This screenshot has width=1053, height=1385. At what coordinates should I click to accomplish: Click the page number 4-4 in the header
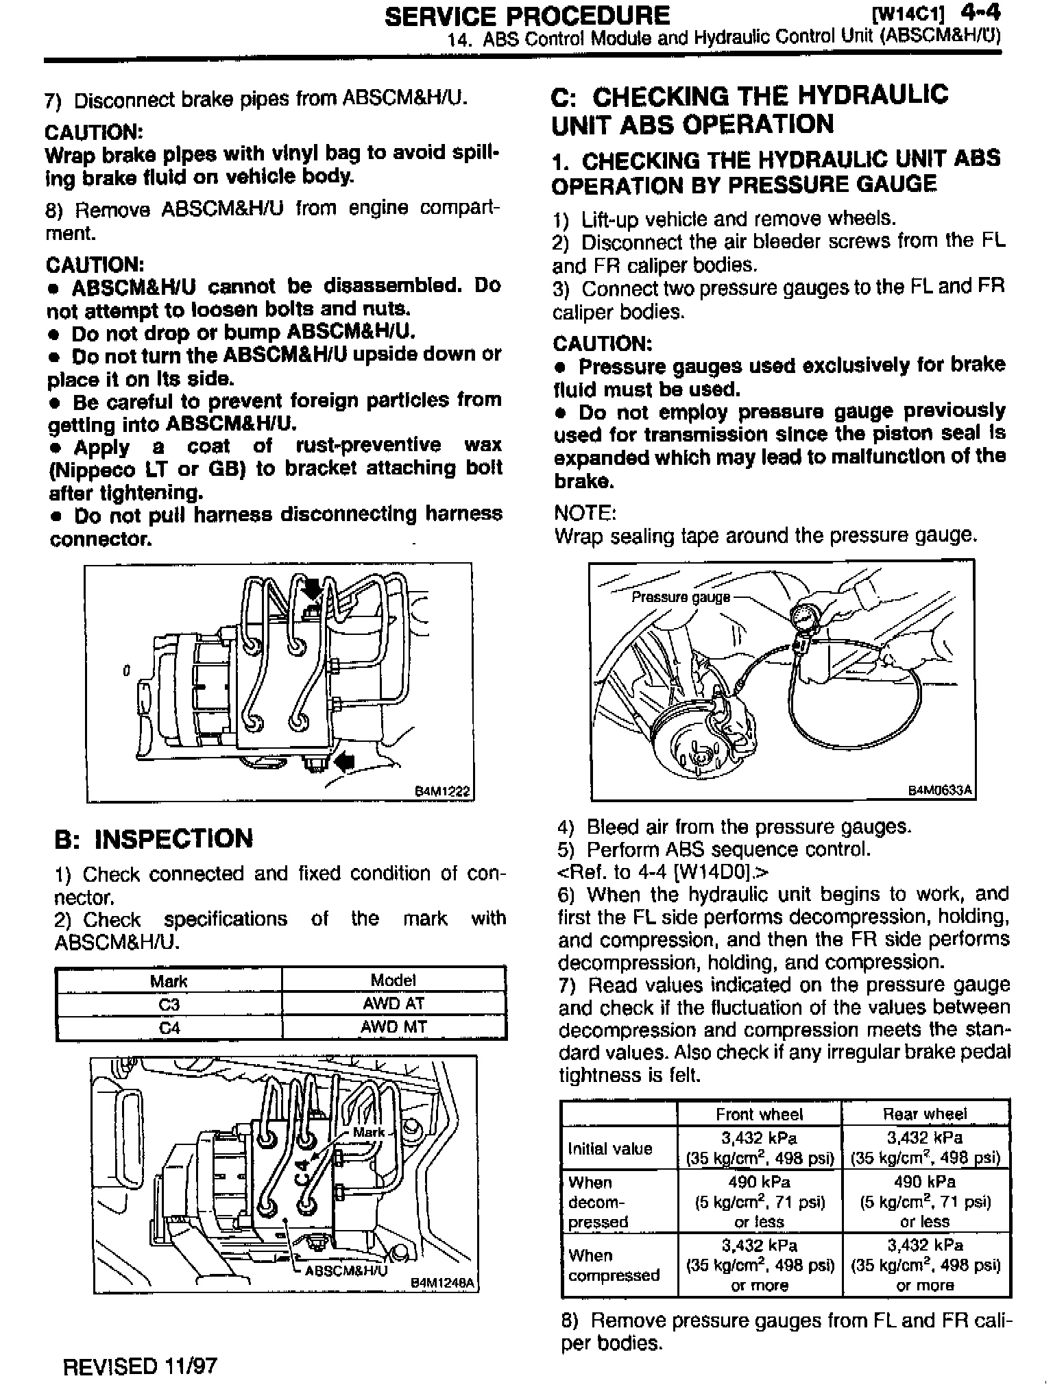(x=981, y=14)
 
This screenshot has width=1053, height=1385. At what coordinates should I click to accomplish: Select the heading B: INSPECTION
(x=154, y=839)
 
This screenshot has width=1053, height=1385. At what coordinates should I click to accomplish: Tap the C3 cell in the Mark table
(x=169, y=1004)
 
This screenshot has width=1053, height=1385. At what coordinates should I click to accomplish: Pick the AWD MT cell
(x=394, y=1027)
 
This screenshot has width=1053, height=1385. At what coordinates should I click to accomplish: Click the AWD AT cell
(x=394, y=1004)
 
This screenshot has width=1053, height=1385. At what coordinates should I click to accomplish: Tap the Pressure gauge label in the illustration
(x=680, y=597)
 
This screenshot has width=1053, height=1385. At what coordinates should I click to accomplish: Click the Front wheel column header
(x=759, y=1114)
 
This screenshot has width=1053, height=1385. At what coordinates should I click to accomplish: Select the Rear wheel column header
(x=925, y=1114)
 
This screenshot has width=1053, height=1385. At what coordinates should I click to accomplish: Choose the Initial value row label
(x=610, y=1148)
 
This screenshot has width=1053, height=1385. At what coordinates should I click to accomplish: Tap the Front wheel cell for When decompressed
(x=759, y=1202)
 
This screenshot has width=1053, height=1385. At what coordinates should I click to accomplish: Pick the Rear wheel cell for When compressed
(x=925, y=1265)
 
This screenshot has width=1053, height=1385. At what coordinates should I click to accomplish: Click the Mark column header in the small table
(x=169, y=980)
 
